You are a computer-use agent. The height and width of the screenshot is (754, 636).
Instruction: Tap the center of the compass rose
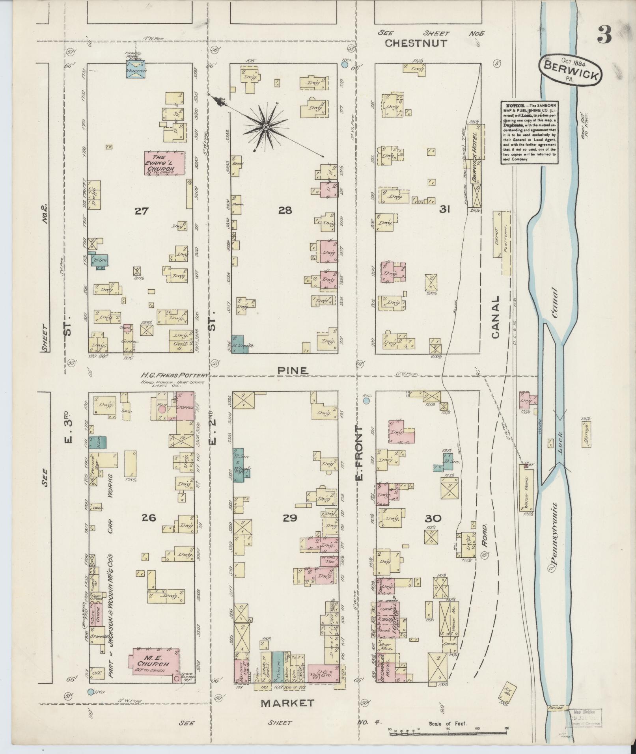click(x=266, y=126)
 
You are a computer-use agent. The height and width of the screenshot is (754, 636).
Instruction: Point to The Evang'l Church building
click(x=164, y=162)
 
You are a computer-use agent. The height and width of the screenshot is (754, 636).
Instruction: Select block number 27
click(x=141, y=211)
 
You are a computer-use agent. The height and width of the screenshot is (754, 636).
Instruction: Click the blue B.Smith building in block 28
click(x=238, y=344)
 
